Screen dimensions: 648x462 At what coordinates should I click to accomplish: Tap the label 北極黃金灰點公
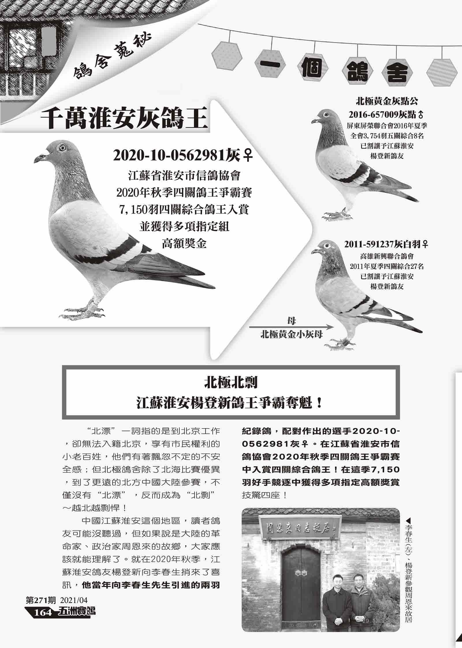pyautogui.click(x=387, y=101)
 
